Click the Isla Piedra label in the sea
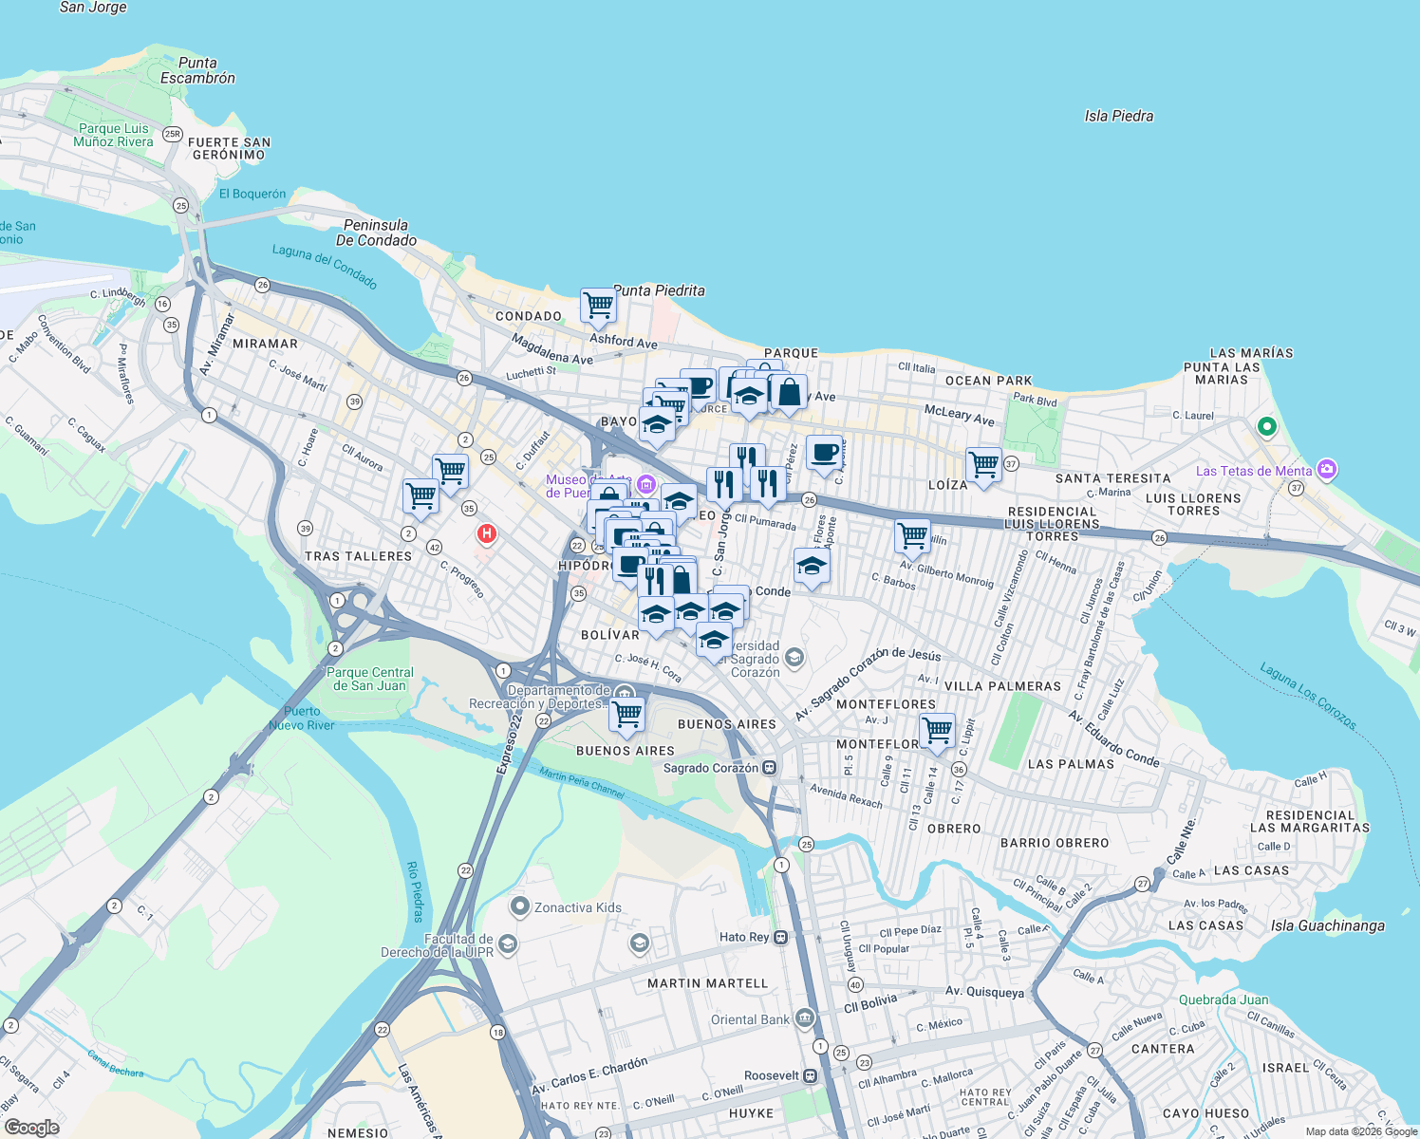click(1118, 116)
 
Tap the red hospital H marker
click(487, 534)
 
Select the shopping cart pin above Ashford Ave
click(598, 306)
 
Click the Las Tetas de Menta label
click(1253, 471)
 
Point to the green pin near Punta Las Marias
click(1266, 427)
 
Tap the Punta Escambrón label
click(197, 70)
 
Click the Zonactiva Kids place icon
click(519, 906)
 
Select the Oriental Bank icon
click(805, 1018)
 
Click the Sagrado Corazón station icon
click(771, 767)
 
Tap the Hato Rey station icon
click(780, 937)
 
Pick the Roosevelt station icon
click(810, 1075)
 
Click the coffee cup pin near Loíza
click(824, 452)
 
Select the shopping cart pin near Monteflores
click(937, 730)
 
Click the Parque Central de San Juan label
click(369, 679)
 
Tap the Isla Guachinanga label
click(1327, 925)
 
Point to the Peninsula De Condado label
click(379, 233)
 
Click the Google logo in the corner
click(31, 1127)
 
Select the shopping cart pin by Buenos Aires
click(626, 714)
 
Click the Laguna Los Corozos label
click(1308, 697)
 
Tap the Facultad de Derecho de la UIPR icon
click(508, 943)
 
